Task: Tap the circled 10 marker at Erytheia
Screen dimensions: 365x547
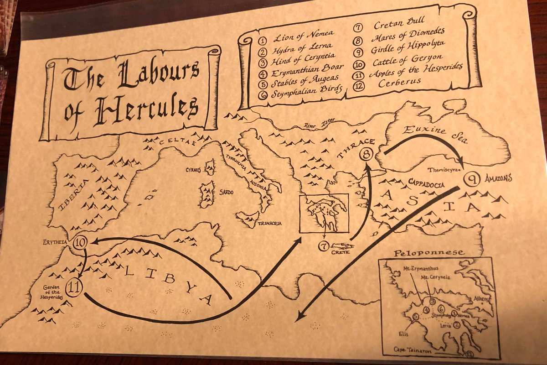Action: coord(80,242)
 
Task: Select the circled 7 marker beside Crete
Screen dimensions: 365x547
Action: coord(324,246)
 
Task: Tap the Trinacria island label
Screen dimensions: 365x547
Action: coord(270,223)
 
